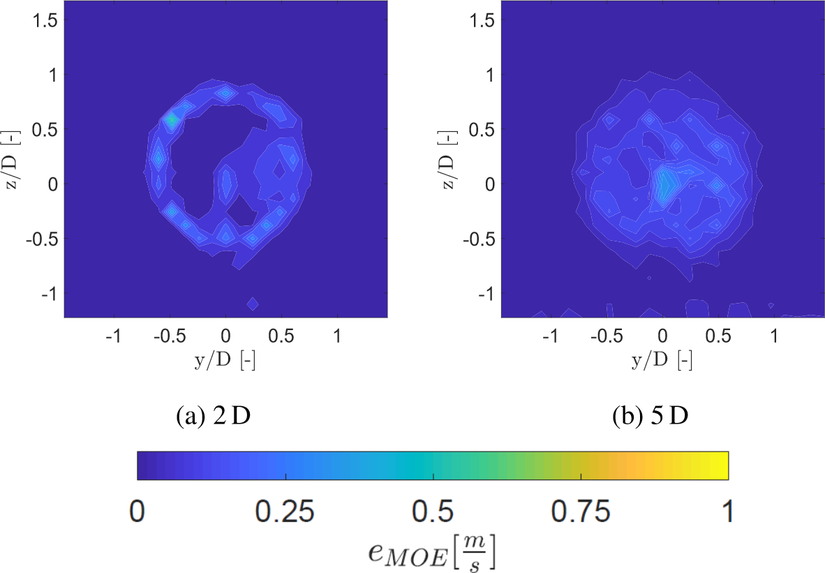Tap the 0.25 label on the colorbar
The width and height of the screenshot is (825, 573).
[x=285, y=514]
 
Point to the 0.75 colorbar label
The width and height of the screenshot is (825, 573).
[x=581, y=514]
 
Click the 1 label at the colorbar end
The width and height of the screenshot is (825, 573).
[x=728, y=514]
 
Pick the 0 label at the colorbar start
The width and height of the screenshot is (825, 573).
[x=137, y=514]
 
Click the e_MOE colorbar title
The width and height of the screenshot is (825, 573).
[x=433, y=552]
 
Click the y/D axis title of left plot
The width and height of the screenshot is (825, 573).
[x=225, y=360]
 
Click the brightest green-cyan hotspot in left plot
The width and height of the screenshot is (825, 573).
[x=171, y=120]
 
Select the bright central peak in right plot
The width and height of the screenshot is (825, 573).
[x=665, y=183]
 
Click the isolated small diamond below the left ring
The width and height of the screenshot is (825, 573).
[x=253, y=304]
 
